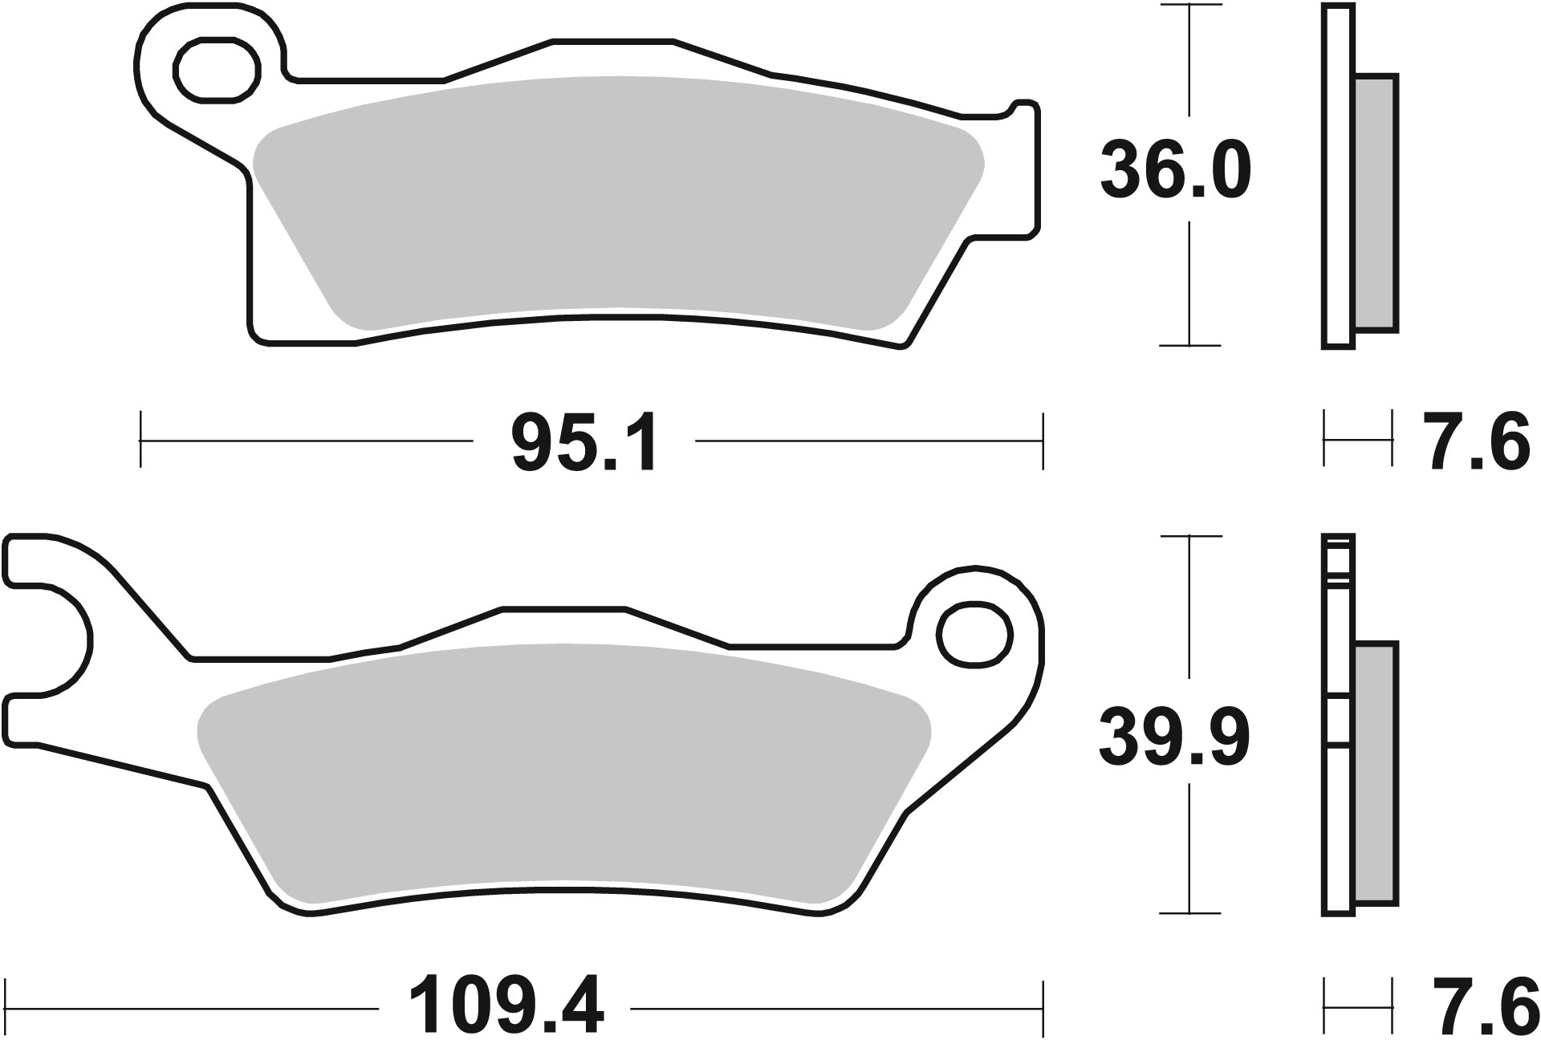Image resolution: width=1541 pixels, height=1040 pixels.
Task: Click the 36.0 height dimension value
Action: click(x=1175, y=171)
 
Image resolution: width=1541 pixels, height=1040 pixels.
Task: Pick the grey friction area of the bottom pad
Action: click(x=562, y=770)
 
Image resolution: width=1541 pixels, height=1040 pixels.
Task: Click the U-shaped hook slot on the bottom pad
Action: click(x=48, y=639)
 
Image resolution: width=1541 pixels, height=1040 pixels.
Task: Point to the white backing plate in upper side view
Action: click(x=1337, y=177)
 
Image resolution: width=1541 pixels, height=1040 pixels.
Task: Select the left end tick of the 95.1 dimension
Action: click(x=140, y=440)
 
